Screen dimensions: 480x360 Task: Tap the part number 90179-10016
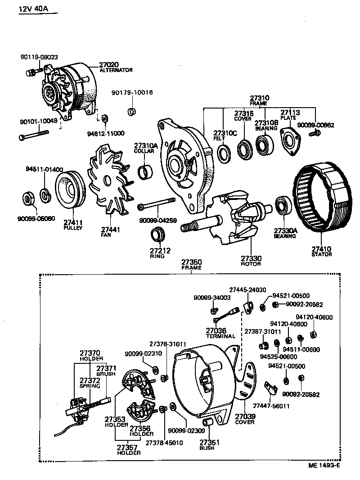tap(132, 93)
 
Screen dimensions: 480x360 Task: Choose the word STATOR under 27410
tap(321, 254)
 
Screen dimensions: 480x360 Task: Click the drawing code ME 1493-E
tap(324, 467)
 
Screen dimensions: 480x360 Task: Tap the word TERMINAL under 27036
tap(220, 336)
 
